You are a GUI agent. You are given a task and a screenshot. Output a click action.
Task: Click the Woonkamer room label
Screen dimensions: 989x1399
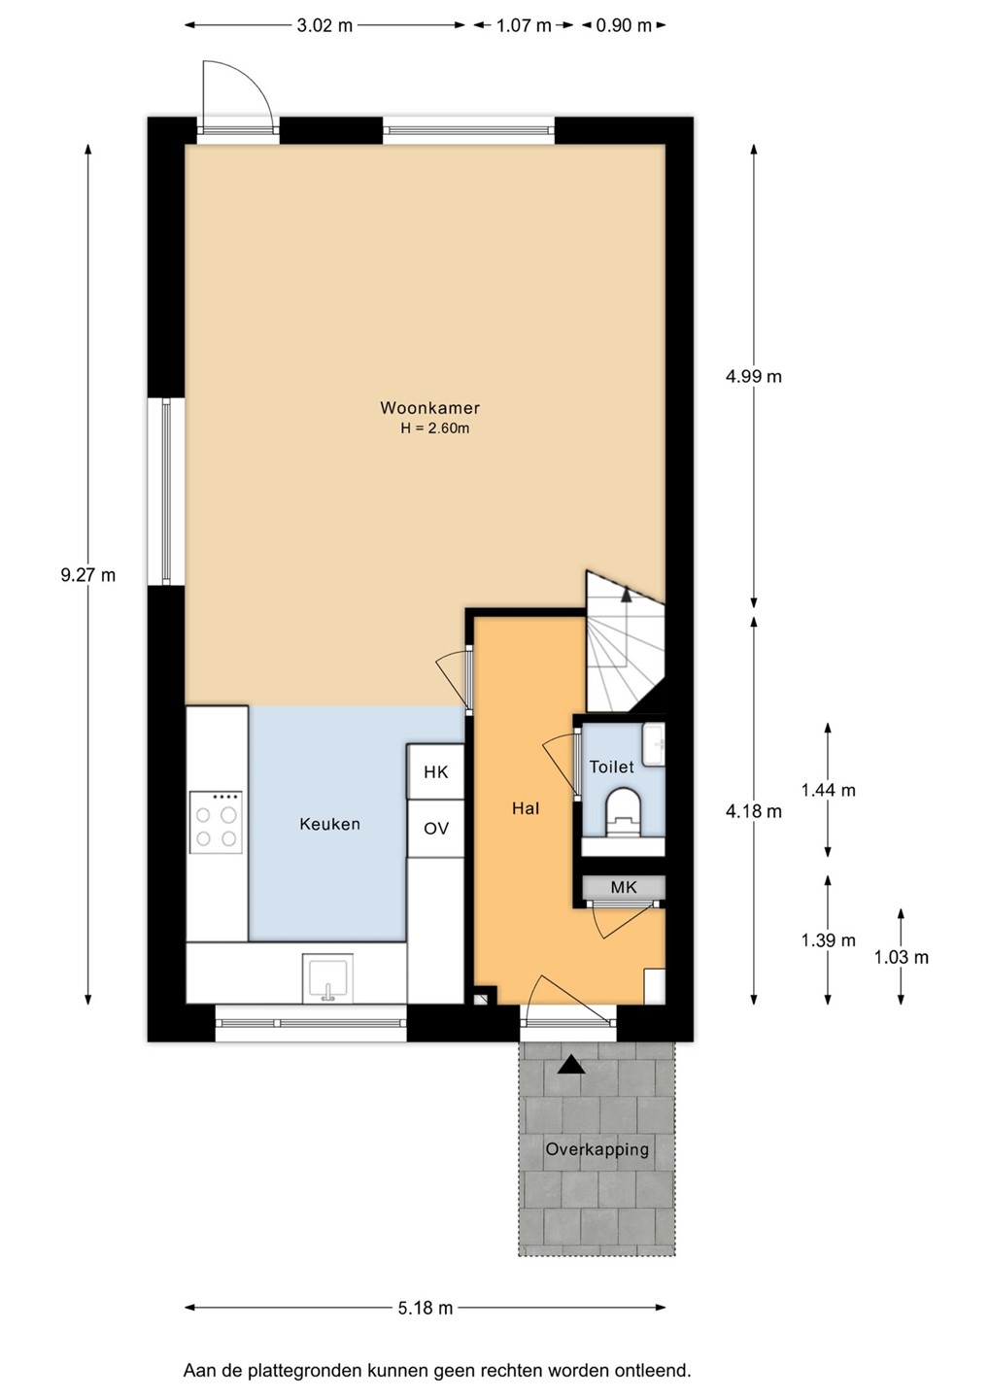click(429, 408)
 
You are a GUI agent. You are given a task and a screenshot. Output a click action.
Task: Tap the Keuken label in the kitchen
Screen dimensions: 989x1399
click(329, 824)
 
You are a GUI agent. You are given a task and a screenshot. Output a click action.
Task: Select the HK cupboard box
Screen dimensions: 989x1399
click(436, 771)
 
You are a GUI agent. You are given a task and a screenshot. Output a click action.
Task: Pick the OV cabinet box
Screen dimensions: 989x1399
click(436, 828)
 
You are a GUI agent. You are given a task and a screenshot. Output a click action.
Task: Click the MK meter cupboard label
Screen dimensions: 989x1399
click(623, 887)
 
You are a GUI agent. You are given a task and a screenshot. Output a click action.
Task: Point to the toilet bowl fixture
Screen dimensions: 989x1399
click(624, 811)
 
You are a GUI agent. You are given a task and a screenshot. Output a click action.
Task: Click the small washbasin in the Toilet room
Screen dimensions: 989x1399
click(654, 744)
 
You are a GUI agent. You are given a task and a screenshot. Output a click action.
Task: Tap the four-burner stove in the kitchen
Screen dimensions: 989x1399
click(216, 823)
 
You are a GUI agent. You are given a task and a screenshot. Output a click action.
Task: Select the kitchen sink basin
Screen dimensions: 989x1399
click(327, 977)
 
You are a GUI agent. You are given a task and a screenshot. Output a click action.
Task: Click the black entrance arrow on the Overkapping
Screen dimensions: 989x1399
click(571, 1065)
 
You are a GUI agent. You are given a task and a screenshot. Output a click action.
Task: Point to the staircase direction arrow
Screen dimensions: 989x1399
click(627, 594)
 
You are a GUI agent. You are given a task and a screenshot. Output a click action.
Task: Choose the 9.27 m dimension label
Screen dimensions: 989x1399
click(88, 574)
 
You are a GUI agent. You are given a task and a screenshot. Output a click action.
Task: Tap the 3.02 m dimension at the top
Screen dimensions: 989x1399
click(324, 25)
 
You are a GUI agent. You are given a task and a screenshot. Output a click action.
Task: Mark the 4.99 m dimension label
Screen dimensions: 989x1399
click(754, 377)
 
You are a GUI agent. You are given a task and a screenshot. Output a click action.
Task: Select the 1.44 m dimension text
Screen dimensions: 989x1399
click(828, 790)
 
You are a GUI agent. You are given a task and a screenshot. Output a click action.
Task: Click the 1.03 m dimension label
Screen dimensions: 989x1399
click(901, 957)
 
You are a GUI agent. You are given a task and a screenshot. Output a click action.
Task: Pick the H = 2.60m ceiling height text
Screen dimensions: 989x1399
click(434, 428)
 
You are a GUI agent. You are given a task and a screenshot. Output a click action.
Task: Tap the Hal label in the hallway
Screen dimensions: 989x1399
click(525, 808)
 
